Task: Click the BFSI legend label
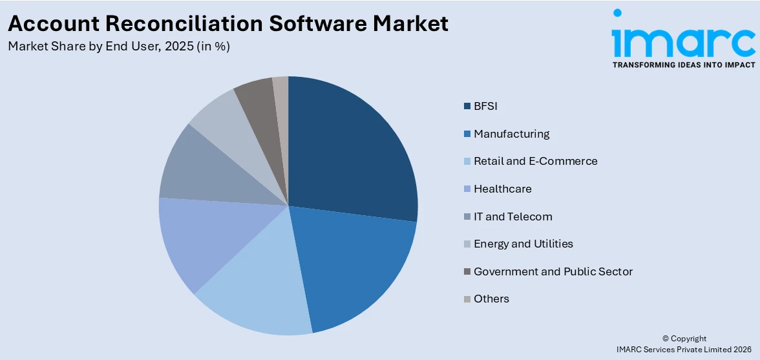[x=485, y=106]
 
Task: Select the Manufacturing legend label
[x=511, y=134]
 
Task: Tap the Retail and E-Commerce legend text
[x=535, y=161]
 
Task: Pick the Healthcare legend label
[x=502, y=189]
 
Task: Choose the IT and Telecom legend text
[x=512, y=217]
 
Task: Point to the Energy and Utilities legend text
[x=523, y=244]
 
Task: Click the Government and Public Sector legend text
[x=553, y=271]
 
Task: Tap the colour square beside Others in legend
[x=467, y=299]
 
